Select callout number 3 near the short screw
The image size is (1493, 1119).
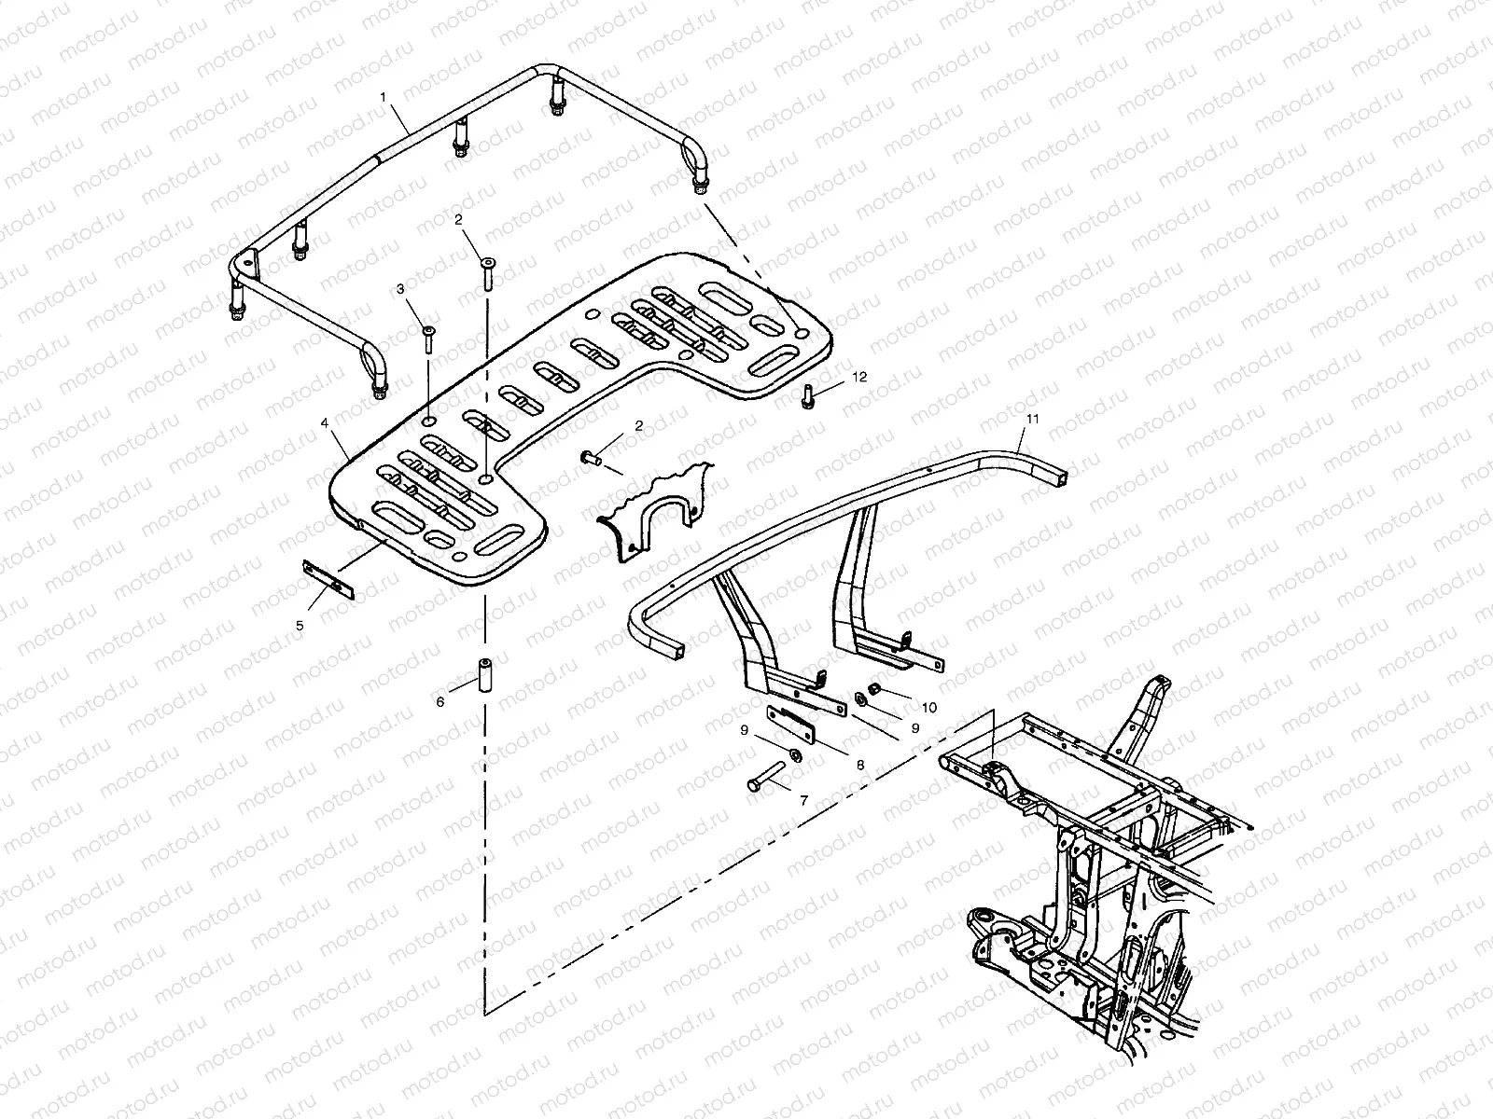coord(400,290)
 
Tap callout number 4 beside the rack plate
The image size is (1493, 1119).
coord(324,422)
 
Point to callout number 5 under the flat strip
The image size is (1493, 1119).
coord(300,626)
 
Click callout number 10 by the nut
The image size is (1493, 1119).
coord(929,708)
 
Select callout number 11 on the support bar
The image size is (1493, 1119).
coord(1031,421)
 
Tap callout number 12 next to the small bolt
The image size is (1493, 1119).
coord(859,377)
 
